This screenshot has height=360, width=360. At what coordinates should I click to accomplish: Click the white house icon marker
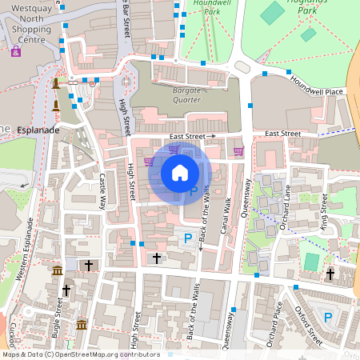[x=180, y=172]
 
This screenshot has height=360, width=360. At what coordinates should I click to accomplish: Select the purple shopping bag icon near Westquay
[x=15, y=51]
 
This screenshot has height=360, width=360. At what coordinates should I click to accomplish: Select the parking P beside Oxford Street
[x=328, y=318]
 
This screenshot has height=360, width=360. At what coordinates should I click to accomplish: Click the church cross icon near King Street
[x=330, y=274]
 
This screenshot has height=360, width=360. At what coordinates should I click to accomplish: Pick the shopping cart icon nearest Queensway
[x=238, y=150]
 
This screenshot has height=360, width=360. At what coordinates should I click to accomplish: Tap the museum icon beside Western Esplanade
[x=57, y=271]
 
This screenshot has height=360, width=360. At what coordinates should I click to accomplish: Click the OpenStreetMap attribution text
[x=80, y=354]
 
